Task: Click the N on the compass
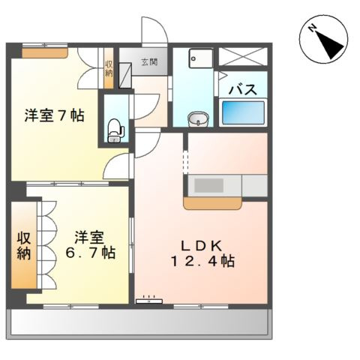click(x=311, y=31)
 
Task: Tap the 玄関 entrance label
click(x=148, y=63)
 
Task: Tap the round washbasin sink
click(x=197, y=118)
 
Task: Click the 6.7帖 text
click(x=89, y=253)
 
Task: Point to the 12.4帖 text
click(x=199, y=262)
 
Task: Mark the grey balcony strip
click(x=138, y=323)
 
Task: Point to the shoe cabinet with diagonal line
click(x=127, y=73)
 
